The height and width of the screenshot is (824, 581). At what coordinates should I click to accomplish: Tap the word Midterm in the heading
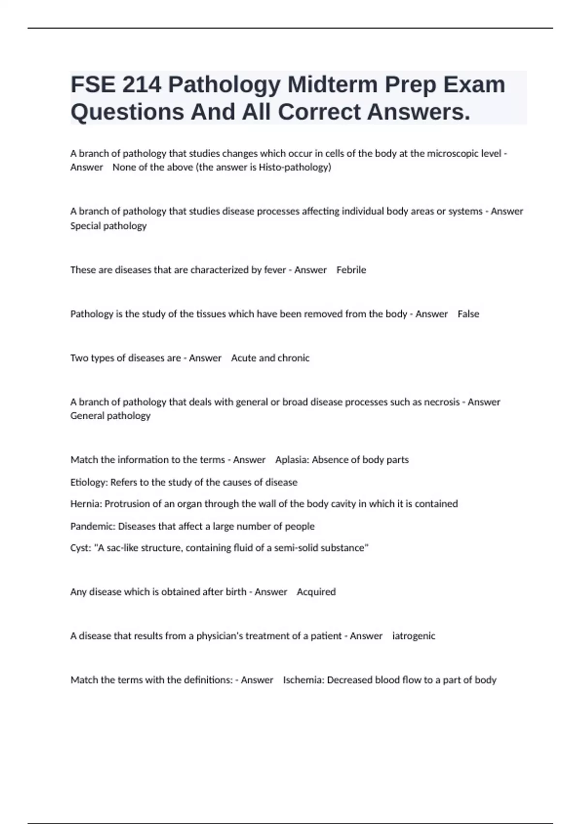333,85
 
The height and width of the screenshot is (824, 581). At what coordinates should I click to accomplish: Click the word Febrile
351,270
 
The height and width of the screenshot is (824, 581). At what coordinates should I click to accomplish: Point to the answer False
468,314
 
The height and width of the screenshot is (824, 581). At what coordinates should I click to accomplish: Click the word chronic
293,358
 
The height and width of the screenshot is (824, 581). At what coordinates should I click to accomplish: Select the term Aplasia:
292,460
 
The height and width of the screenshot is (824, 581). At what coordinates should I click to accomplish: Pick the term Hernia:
86,504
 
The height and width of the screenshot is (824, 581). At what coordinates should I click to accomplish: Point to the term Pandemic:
92,526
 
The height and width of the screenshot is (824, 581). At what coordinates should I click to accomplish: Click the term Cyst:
81,548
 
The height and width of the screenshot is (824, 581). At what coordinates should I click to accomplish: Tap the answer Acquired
316,592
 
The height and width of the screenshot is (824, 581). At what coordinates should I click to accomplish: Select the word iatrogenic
413,636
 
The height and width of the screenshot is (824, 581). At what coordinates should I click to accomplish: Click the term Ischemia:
304,680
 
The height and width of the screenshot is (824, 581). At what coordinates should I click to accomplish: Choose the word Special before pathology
85,226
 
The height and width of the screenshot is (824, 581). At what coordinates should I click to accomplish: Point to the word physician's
219,636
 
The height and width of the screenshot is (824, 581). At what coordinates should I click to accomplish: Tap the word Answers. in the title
418,112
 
